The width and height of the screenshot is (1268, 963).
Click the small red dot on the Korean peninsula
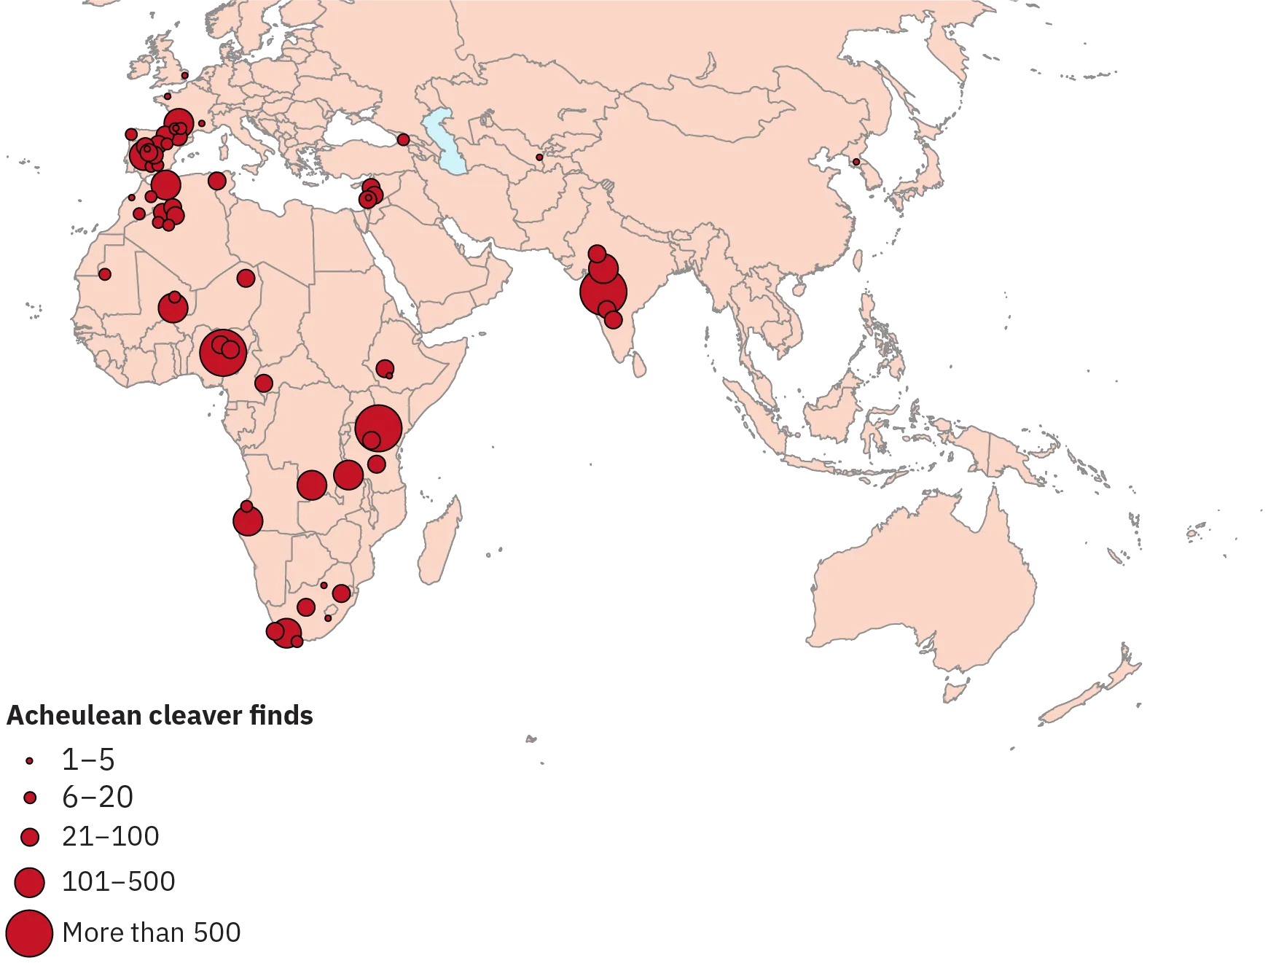pos(856,162)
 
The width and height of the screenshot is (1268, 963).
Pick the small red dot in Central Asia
pos(539,157)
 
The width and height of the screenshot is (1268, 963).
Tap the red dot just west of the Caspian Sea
pos(403,139)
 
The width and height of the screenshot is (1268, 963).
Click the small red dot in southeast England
pos(184,75)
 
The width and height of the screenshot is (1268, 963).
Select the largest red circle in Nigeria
pos(223,353)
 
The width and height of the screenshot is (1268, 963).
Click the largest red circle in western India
pos(603,292)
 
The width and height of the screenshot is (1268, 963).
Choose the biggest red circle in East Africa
pos(378,428)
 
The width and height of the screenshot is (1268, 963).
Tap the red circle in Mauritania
pos(104,274)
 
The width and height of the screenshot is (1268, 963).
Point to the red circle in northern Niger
pos(246,278)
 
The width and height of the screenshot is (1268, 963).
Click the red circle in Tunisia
pos(216,180)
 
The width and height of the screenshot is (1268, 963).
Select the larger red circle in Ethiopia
pos(384,368)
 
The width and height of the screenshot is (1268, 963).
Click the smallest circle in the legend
pos(29,761)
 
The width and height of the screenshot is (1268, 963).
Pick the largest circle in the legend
pos(29,932)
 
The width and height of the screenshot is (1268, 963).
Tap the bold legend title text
pos(160,716)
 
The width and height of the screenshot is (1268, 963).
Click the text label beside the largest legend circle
pos(153,933)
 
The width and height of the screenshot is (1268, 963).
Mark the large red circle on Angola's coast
pos(248,521)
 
